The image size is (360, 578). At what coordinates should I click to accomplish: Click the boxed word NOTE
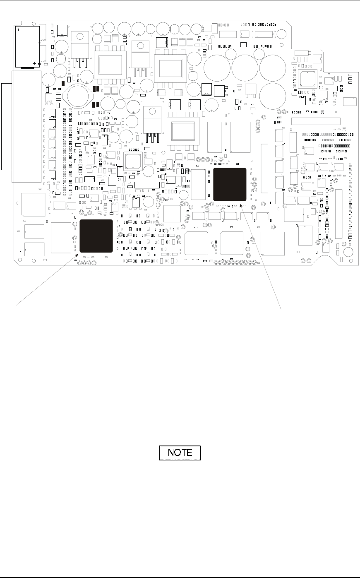(180, 453)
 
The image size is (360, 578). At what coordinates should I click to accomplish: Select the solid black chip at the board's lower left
(96, 236)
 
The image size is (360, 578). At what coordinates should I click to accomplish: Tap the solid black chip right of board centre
(230, 185)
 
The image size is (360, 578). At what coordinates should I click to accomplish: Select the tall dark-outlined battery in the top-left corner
(27, 46)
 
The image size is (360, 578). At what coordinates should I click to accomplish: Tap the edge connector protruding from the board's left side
(7, 127)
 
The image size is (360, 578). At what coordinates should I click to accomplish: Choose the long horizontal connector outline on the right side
(316, 121)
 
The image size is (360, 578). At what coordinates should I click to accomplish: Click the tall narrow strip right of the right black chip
(264, 169)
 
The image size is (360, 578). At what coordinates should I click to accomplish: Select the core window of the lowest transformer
(180, 130)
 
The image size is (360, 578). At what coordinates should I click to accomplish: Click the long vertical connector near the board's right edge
(339, 214)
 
